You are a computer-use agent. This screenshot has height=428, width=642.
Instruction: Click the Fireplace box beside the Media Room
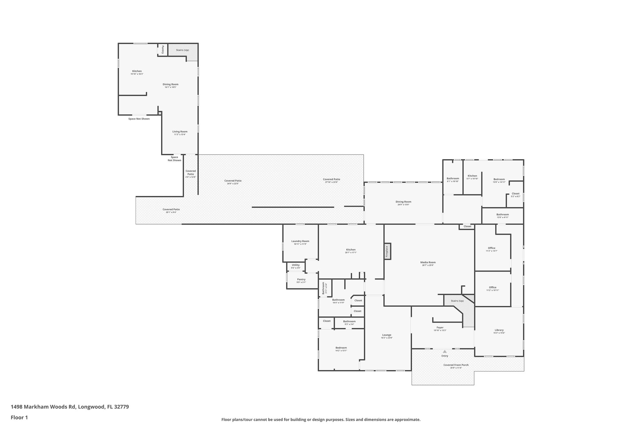387,251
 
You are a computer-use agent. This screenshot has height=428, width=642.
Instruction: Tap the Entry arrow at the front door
445,351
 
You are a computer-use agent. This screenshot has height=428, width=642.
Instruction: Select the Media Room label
428,262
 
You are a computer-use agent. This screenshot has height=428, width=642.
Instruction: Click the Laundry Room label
300,241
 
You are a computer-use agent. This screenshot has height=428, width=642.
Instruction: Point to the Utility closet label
296,265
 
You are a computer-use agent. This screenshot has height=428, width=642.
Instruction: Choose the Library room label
499,330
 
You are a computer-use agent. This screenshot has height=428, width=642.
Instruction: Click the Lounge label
387,335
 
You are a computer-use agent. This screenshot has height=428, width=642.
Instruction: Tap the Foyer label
440,327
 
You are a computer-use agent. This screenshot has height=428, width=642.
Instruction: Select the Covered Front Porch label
456,365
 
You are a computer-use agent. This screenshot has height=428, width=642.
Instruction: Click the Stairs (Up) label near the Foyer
457,301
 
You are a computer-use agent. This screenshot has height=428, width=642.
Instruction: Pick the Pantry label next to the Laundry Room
301,279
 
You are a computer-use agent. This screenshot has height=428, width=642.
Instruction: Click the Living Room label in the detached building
180,132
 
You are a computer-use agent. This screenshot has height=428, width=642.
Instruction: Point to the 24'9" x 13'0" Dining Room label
403,202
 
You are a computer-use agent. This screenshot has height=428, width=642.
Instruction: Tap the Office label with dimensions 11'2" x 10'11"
492,288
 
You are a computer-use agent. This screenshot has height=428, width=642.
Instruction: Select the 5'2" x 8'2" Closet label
515,193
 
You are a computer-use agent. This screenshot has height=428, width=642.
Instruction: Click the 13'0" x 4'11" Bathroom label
503,214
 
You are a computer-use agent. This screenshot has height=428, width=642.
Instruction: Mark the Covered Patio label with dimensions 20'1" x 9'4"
171,209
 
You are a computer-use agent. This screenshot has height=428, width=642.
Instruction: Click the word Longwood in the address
91,407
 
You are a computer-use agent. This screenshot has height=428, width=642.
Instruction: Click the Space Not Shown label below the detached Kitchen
139,119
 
